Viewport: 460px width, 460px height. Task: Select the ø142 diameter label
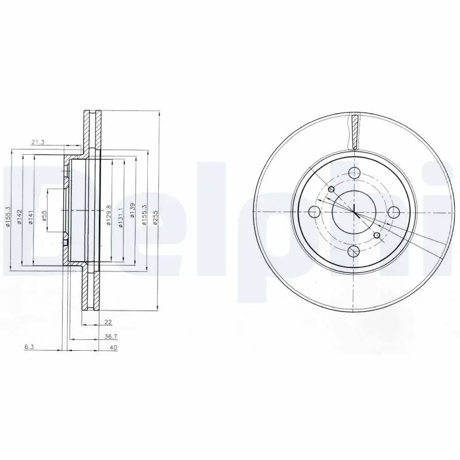point(20,217)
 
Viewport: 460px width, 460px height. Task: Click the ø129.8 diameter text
point(109,216)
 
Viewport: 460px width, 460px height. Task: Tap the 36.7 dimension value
point(107,337)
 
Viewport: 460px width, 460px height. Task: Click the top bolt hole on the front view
point(354,171)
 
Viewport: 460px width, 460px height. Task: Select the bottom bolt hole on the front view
point(354,252)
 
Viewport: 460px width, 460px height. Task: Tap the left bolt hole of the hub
point(314,211)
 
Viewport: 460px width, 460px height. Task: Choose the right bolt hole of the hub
point(394,211)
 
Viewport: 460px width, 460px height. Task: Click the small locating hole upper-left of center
point(331,190)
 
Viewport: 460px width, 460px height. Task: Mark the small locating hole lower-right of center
point(377,235)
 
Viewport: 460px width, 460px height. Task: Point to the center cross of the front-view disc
point(354,212)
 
